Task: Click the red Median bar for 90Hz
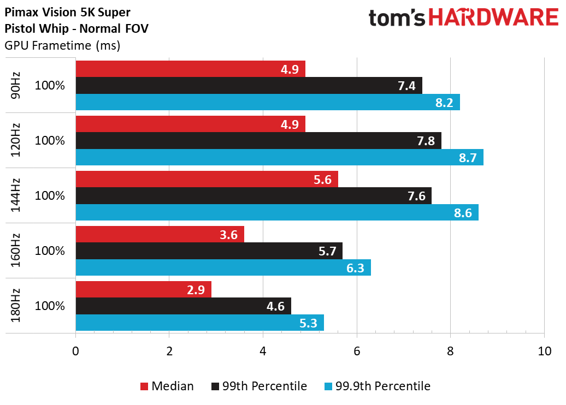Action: (x=191, y=69)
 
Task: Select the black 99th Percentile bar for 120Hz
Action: (x=258, y=140)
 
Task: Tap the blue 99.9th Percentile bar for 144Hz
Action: (x=277, y=212)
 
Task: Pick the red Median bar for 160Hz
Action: (x=160, y=234)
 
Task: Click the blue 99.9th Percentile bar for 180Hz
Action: (x=199, y=323)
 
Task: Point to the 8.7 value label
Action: (x=468, y=158)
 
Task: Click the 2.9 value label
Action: (x=196, y=290)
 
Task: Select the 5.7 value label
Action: (x=327, y=251)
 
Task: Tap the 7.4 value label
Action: (x=406, y=86)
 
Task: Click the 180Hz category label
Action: (x=15, y=306)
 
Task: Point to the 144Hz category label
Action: (x=15, y=195)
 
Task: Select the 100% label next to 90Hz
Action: (x=50, y=86)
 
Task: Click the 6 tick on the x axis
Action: (x=357, y=351)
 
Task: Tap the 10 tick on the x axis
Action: (x=544, y=351)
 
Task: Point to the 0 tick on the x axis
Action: (x=75, y=351)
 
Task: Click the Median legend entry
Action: (x=167, y=386)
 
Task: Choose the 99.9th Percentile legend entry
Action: (x=377, y=386)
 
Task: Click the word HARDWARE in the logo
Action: (x=493, y=17)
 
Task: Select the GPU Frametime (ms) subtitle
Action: (x=62, y=46)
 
